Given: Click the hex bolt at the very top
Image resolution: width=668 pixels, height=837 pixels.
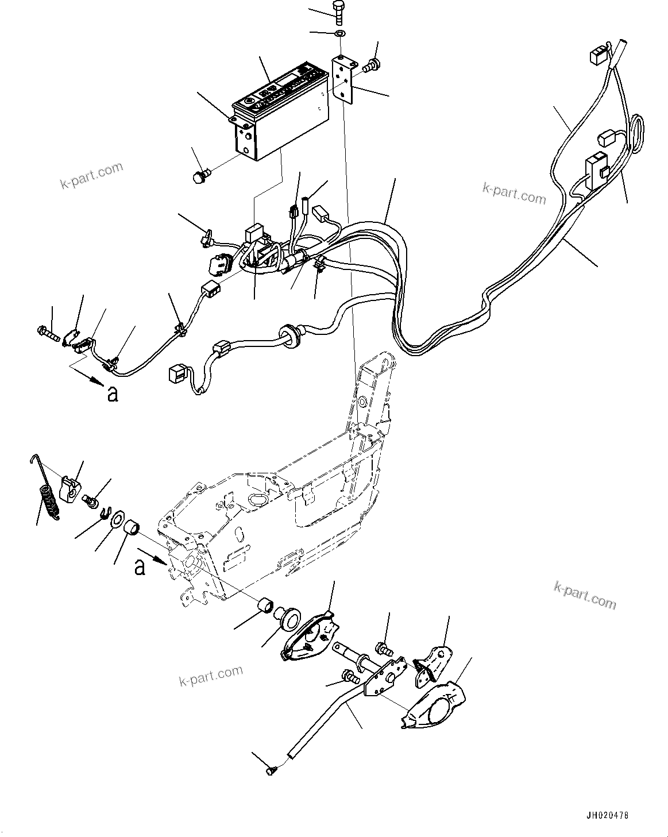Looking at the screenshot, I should pyautogui.click(x=338, y=12).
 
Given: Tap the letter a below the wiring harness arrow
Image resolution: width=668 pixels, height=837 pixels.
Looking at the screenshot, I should pyautogui.click(x=113, y=394).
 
